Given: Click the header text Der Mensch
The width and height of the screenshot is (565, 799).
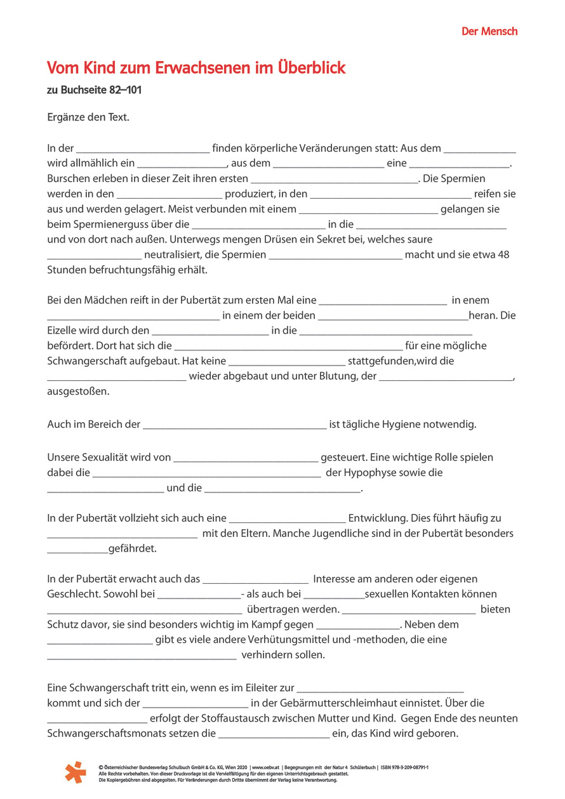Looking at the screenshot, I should click(489, 32).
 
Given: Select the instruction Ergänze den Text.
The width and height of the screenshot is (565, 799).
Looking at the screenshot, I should click(88, 117).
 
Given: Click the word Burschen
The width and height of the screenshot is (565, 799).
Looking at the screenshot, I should click(68, 178).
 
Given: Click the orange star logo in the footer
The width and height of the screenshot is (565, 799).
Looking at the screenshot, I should click(75, 772).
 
